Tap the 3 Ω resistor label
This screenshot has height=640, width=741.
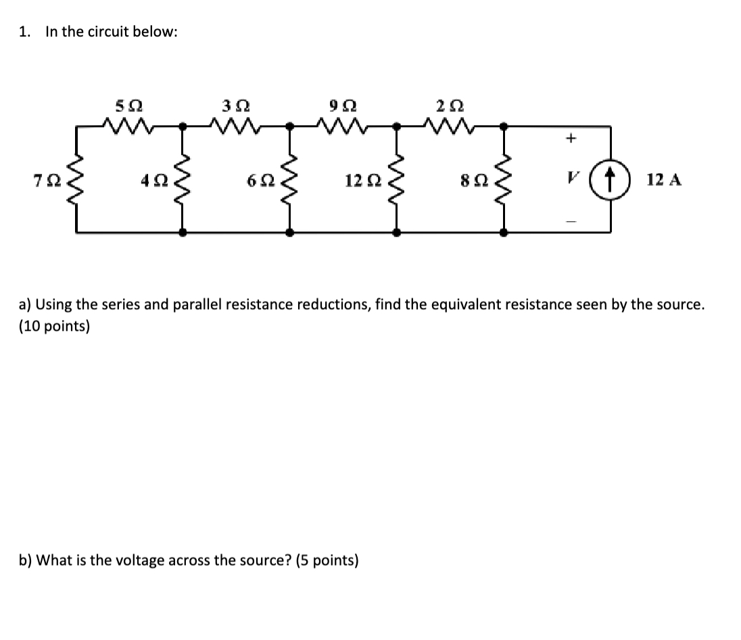click(x=235, y=106)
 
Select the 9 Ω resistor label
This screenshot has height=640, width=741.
click(x=343, y=106)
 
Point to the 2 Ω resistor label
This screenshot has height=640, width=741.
click(x=450, y=106)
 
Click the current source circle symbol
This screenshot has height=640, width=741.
click(x=611, y=180)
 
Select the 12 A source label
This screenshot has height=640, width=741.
click(x=664, y=180)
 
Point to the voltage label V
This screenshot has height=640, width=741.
click(x=572, y=180)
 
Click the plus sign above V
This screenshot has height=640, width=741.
click(x=571, y=139)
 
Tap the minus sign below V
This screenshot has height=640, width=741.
click(x=571, y=219)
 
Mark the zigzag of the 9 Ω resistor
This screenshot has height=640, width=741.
click(x=343, y=124)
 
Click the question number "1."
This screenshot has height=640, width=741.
click(x=26, y=32)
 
